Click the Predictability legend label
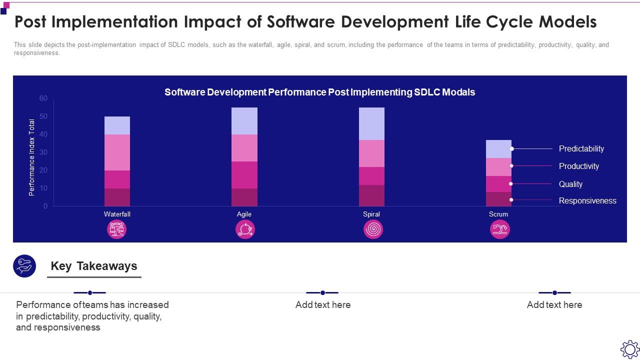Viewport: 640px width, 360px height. point(581,148)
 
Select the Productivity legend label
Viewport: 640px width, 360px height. point(578,166)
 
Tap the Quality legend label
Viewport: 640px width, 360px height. point(570,184)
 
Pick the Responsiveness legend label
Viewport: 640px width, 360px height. point(587,200)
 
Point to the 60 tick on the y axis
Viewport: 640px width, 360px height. point(43,98)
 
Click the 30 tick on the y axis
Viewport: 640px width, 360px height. point(43,152)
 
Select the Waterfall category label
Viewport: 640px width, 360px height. point(117,214)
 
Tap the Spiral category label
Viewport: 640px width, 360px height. point(371,214)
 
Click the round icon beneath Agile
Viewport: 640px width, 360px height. point(245,229)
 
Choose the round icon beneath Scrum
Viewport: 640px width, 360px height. point(500,229)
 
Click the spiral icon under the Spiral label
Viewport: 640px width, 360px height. point(373,229)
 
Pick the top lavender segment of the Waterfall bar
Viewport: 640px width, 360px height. point(117,125)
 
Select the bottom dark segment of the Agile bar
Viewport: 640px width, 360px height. point(244,197)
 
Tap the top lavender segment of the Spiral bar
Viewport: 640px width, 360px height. point(371,123)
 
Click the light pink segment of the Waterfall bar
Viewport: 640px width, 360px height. point(117,152)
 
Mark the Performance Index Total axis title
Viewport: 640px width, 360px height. point(32,157)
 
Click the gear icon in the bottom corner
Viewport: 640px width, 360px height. point(629,349)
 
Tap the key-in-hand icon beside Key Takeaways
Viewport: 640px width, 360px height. point(24,266)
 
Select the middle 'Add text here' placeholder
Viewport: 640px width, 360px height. point(323,304)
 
